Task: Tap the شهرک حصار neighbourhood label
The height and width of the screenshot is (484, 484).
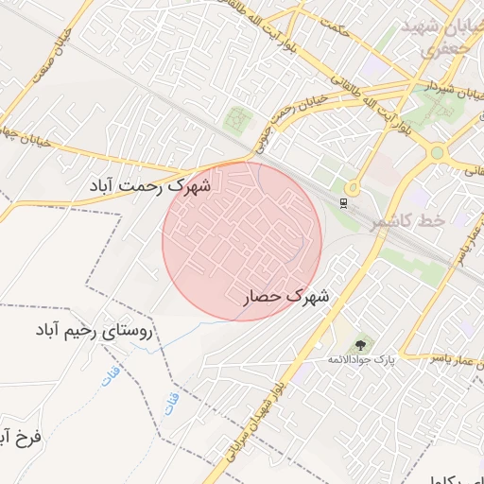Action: click(x=286, y=297)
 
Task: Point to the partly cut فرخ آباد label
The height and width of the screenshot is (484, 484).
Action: click(x=19, y=439)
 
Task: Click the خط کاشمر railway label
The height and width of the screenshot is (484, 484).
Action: click(x=407, y=221)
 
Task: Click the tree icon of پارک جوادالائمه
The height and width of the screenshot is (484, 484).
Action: click(x=359, y=344)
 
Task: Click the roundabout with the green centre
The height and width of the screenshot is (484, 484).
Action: click(x=437, y=152)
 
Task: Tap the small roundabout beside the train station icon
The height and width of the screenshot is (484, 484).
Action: click(x=352, y=188)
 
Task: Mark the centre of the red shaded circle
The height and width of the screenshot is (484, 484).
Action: click(x=242, y=241)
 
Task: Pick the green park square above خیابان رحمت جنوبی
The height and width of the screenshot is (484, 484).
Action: click(x=238, y=120)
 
